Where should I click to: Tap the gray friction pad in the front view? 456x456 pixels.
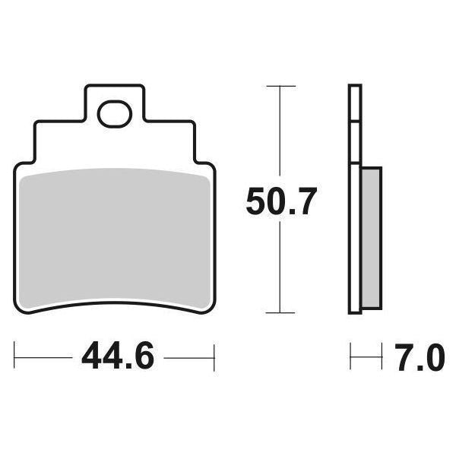pos(114,236)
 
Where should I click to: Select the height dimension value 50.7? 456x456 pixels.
pos(280,203)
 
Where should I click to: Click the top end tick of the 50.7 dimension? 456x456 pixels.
pos(281,87)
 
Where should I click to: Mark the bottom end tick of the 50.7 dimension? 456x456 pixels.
pos(281,312)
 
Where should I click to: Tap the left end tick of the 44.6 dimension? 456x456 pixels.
pos(14,356)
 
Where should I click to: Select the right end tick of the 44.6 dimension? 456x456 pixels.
pos(215,356)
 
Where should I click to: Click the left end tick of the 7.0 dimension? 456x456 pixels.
pos(350,356)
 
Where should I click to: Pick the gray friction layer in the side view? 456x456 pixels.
pos(371,236)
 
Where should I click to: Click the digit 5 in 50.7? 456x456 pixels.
pos(258,203)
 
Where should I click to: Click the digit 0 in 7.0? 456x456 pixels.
pos(430,356)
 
